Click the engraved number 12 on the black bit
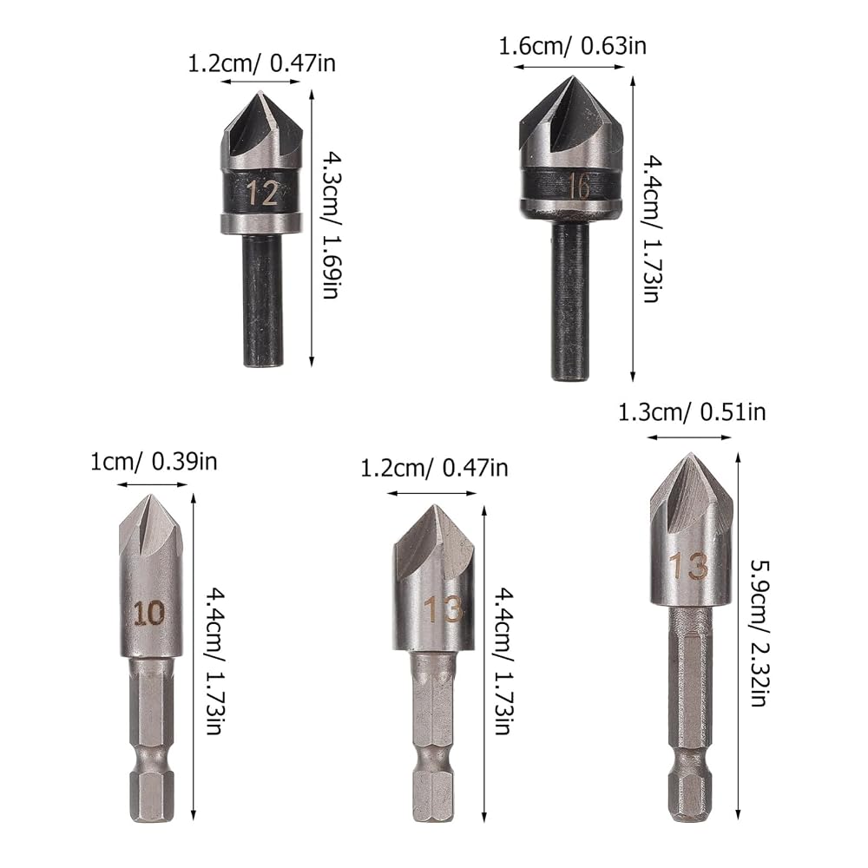(x=262, y=193)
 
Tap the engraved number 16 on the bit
(x=578, y=186)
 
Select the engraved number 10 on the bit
(x=149, y=613)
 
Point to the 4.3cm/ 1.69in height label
(x=332, y=226)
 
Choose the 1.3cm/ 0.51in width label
(x=692, y=412)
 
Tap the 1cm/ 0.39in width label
(x=154, y=461)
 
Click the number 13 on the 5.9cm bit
(x=689, y=565)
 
